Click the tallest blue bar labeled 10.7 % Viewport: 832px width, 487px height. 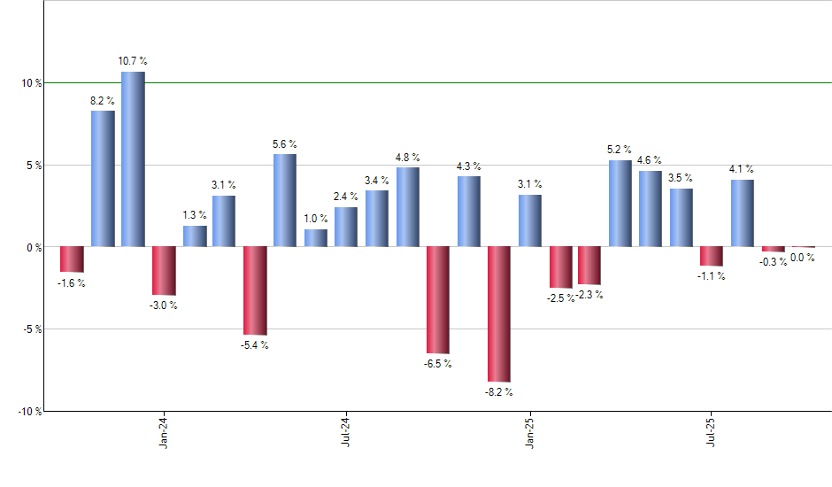pyautogui.click(x=133, y=159)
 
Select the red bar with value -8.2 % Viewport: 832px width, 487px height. pyautogui.click(x=497, y=314)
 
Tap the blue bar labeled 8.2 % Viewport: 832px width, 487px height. pyautogui.click(x=103, y=178)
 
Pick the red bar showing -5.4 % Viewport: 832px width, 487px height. pyautogui.click(x=255, y=290)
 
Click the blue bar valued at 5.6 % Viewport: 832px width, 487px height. pyautogui.click(x=285, y=200)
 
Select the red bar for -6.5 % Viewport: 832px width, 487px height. pyautogui.click(x=437, y=300)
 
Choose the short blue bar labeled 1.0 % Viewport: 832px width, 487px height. pyautogui.click(x=316, y=237)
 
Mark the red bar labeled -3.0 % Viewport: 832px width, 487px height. pyautogui.click(x=164, y=271)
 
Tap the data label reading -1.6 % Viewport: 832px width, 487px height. pyautogui.click(x=72, y=283)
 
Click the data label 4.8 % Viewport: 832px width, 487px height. pyautogui.click(x=408, y=158)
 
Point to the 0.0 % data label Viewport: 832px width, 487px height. pyautogui.click(x=803, y=258)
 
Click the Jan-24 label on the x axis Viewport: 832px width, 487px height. pyautogui.click(x=164, y=434)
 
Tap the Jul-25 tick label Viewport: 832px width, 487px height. pyautogui.click(x=712, y=434)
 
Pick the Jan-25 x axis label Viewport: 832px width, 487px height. pyautogui.click(x=529, y=434)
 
